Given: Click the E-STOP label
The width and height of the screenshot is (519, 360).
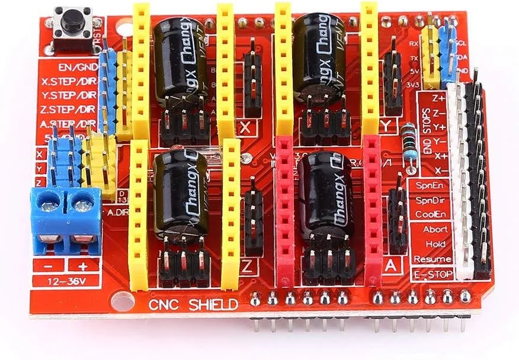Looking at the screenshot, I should (x=432, y=274).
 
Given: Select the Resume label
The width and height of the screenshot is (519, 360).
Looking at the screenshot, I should (x=432, y=259).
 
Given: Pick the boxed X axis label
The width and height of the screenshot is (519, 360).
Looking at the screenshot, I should (x=247, y=127).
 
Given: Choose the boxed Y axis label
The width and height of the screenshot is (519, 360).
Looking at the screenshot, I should (x=388, y=126).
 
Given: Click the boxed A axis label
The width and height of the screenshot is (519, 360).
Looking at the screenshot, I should (x=390, y=266).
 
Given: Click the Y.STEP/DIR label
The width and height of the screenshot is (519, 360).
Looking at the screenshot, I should (x=69, y=95).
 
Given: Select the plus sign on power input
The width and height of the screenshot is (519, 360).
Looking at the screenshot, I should (x=81, y=265).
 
